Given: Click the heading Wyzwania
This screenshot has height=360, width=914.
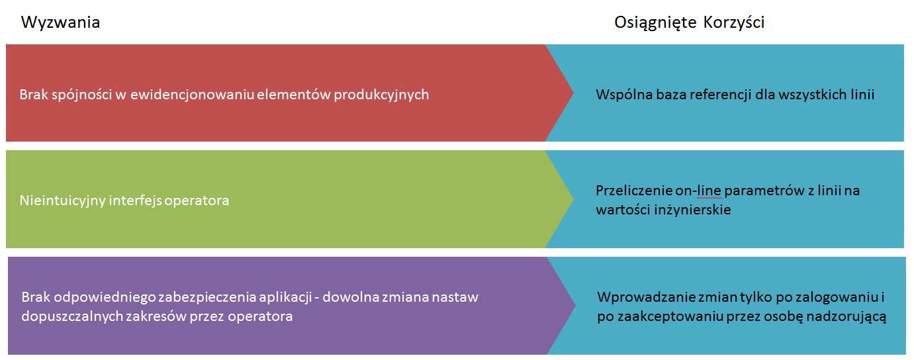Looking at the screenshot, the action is coord(60,22).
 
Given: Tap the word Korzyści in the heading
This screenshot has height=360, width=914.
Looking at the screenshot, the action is coord(733,22).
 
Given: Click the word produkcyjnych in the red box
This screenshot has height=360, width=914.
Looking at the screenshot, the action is coord(381,95).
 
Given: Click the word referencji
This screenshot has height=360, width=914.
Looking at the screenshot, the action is coord(719,95).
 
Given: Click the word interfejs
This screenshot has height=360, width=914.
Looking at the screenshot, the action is coord(135,201).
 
